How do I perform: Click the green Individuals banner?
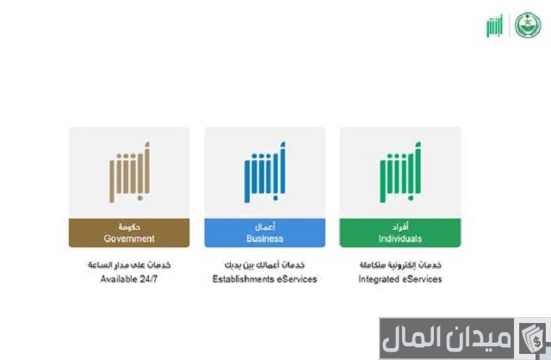(x=399, y=233)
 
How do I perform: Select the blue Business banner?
(x=264, y=233)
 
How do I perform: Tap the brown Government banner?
(x=129, y=233)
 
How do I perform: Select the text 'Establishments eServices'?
(x=264, y=279)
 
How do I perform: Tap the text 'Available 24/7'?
(x=128, y=279)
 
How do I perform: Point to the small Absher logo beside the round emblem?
(x=496, y=26)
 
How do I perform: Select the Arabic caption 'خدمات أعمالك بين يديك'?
(x=264, y=265)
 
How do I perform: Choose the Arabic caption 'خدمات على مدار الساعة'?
(x=128, y=265)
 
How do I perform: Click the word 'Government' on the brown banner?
(x=129, y=239)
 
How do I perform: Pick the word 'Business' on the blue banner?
(x=264, y=239)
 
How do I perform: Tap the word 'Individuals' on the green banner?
(x=399, y=239)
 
